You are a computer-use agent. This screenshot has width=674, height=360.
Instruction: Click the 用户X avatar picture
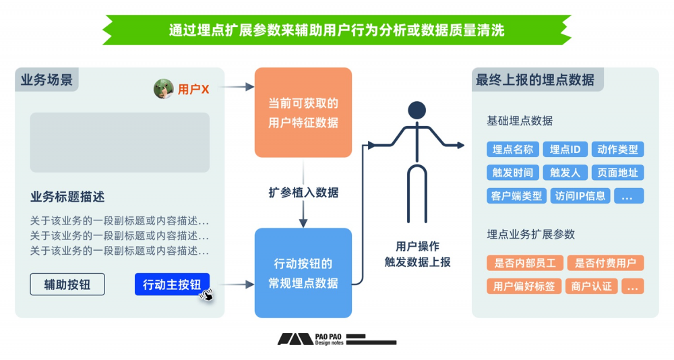[164, 89]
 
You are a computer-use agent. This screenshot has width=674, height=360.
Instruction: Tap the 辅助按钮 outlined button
[67, 284]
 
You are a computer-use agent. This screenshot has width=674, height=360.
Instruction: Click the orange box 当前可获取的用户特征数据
[303, 113]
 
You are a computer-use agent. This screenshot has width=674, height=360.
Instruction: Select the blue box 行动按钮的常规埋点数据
[303, 273]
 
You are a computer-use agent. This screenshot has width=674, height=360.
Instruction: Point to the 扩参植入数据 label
[303, 193]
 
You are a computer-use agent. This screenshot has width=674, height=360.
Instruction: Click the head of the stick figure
[417, 111]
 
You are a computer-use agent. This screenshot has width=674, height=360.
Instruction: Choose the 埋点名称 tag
[513, 150]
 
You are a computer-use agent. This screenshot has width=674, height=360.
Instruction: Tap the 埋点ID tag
[565, 150]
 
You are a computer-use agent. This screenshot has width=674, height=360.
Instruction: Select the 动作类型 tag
[617, 150]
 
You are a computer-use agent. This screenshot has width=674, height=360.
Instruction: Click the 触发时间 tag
[513, 173]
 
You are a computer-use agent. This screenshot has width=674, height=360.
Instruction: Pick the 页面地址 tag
[617, 173]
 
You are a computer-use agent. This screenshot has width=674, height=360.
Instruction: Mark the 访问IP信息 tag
[580, 196]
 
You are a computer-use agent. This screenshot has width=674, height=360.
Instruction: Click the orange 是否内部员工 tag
[524, 263]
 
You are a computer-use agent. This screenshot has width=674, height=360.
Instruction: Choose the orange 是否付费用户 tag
[605, 263]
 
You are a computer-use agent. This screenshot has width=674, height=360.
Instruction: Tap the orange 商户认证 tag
[592, 286]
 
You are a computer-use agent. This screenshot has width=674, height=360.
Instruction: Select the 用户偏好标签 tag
[524, 286]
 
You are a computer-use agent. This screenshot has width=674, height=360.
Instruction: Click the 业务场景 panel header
[47, 80]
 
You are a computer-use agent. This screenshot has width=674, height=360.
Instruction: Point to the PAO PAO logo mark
[295, 339]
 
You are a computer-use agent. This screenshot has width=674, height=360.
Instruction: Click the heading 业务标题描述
[67, 197]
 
